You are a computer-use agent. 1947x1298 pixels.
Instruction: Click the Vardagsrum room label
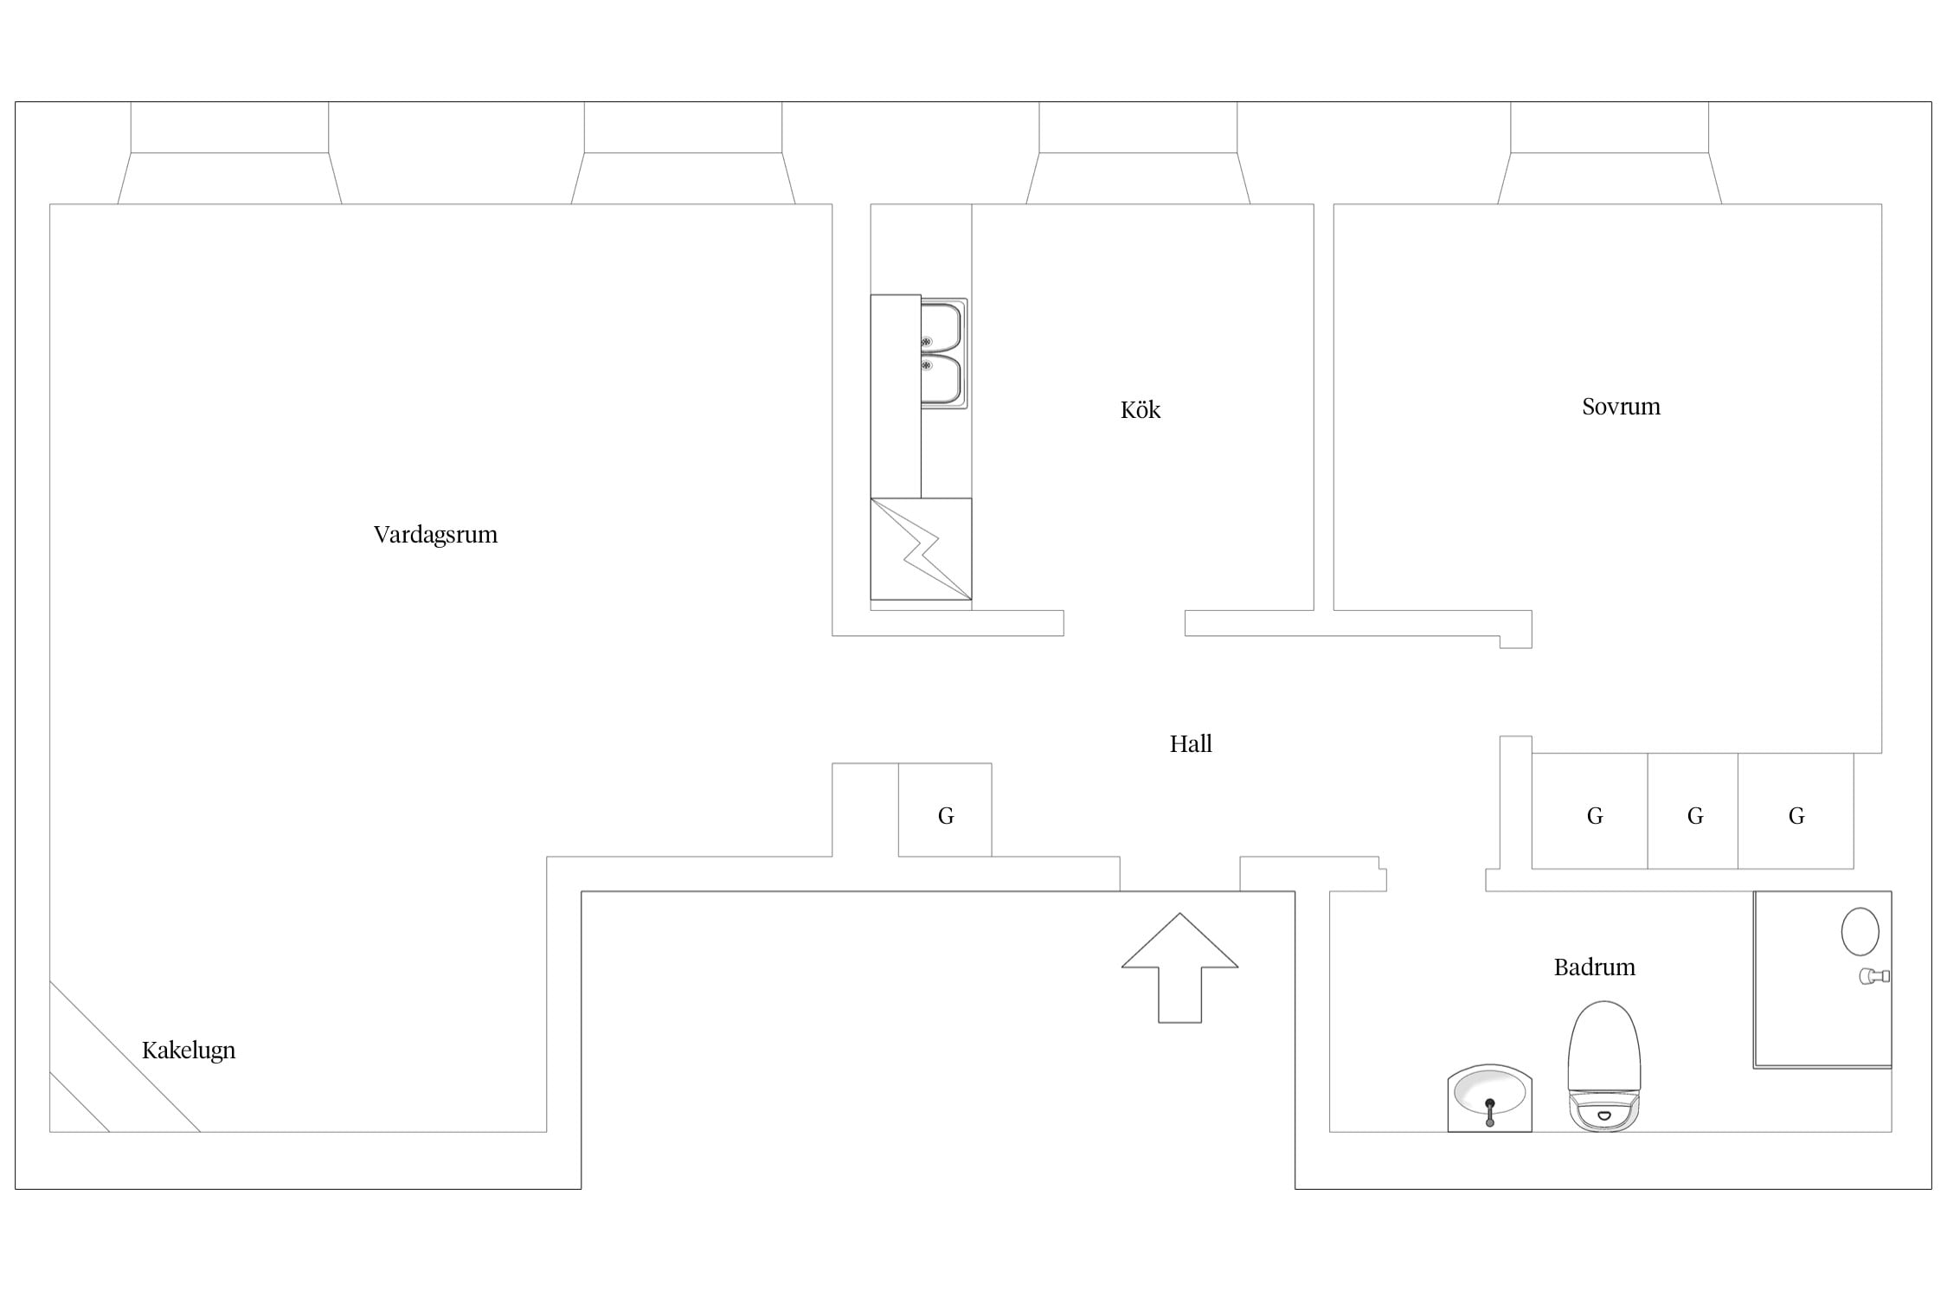(435, 535)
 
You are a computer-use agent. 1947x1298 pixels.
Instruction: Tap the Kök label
(1140, 409)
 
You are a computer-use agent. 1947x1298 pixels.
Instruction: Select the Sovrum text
(1621, 407)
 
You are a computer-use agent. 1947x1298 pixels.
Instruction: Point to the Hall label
(1190, 743)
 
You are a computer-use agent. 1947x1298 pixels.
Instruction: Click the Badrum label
(1594, 967)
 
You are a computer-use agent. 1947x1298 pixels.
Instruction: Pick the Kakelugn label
(189, 1051)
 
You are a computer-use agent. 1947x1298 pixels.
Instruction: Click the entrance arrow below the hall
(1179, 967)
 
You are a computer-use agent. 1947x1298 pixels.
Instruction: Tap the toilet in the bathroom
(1603, 1066)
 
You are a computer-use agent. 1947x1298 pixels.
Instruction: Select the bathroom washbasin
(1489, 1098)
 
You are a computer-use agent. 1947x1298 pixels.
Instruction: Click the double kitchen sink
(943, 353)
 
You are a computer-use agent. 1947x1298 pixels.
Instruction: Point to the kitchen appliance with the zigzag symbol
(921, 549)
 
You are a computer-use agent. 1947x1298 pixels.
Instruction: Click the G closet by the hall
(945, 810)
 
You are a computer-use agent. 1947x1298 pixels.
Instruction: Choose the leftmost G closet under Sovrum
(1590, 811)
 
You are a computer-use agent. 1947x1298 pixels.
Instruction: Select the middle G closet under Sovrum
(1693, 811)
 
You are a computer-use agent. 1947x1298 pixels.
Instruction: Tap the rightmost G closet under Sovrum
(1796, 811)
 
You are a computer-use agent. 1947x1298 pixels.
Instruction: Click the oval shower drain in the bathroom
(1860, 932)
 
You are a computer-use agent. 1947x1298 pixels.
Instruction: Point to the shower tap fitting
(1874, 976)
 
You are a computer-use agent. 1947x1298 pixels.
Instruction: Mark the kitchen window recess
(1138, 153)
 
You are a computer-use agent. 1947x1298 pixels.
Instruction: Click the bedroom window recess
(1610, 153)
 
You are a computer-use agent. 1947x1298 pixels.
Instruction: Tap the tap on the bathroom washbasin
(1489, 1112)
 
